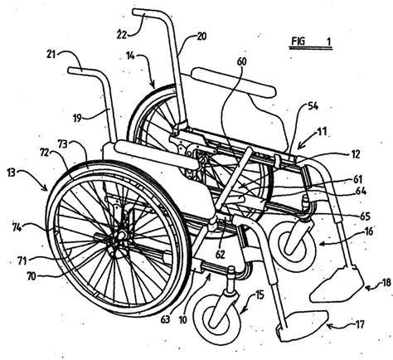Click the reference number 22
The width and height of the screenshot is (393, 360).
point(122,34)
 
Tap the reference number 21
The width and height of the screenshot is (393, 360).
point(51,54)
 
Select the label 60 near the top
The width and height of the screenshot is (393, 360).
point(241,62)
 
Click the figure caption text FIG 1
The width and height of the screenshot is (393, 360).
point(311,41)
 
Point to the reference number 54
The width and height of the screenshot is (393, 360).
point(313,106)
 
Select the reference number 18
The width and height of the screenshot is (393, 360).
point(386,282)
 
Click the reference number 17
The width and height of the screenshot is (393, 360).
point(360,324)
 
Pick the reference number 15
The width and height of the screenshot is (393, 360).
point(260,295)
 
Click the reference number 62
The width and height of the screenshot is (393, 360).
point(221,255)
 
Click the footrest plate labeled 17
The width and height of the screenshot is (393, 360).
point(303,325)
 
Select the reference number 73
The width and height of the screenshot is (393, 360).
point(64,144)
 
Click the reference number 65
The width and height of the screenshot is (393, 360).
point(365,216)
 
